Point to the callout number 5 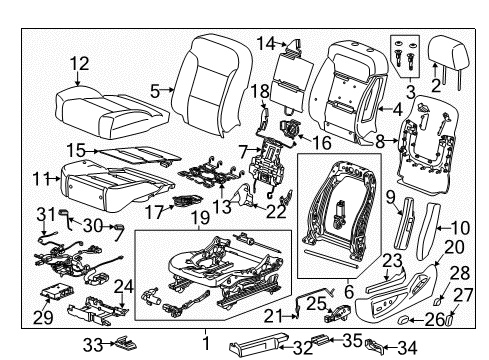[x=155, y=90]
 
